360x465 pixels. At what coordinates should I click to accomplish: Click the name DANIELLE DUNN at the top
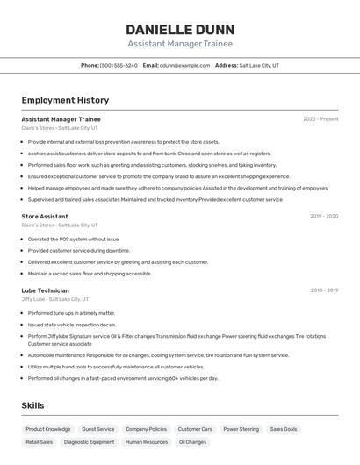click(x=180, y=28)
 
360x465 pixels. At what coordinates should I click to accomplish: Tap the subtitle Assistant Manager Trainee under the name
click(x=180, y=44)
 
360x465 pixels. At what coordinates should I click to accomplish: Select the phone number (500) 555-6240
click(x=119, y=65)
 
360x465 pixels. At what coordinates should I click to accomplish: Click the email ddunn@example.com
click(x=184, y=65)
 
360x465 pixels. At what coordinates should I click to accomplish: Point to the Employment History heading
click(x=65, y=100)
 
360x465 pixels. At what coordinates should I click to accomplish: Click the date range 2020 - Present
click(x=320, y=118)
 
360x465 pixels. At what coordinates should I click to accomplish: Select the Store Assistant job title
click(x=45, y=216)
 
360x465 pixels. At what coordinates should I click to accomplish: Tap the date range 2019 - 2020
click(x=323, y=216)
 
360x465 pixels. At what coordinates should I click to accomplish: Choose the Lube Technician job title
click(x=46, y=290)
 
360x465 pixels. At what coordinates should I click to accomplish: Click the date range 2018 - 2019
click(x=324, y=290)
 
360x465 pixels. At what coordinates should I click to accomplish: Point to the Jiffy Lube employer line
click(x=55, y=299)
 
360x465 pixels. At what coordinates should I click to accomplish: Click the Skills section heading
click(x=32, y=405)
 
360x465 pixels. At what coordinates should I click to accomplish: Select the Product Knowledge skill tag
click(x=48, y=429)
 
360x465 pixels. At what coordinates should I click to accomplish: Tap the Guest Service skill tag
click(x=98, y=429)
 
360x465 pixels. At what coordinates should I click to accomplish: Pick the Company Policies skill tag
click(x=146, y=429)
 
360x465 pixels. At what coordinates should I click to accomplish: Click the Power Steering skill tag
click(x=241, y=429)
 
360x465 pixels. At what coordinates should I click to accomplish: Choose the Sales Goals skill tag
click(x=284, y=429)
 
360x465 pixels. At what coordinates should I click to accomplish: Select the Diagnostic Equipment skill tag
click(x=89, y=442)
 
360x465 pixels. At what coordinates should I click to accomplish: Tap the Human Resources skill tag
click(x=147, y=442)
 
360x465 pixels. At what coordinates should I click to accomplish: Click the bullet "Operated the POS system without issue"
click(x=73, y=239)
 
